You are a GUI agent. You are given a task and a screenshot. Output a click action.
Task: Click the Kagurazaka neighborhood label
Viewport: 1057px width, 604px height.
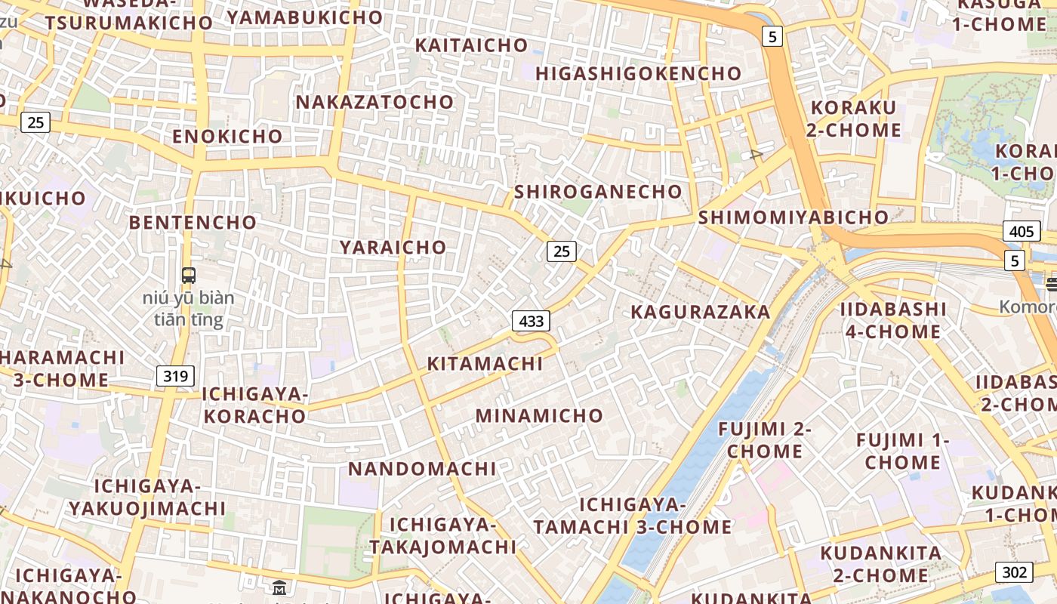click(700, 312)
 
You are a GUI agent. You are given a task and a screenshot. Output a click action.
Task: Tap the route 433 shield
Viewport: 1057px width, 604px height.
click(531, 321)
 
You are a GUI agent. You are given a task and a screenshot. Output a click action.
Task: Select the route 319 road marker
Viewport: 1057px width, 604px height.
click(175, 376)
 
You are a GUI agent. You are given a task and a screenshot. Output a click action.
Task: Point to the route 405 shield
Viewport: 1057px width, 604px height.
click(1021, 231)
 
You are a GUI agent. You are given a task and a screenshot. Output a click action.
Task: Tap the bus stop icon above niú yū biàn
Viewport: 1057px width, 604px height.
click(189, 276)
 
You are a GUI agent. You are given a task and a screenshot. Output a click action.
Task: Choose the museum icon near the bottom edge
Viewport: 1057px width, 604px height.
click(279, 587)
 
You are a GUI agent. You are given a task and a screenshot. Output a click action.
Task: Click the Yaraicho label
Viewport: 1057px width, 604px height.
click(393, 247)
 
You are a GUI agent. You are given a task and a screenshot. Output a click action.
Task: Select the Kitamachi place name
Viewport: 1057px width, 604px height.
click(485, 363)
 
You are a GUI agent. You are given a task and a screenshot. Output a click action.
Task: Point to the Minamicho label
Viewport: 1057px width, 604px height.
click(539, 415)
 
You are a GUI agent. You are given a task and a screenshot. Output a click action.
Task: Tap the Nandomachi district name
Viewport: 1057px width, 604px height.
click(422, 468)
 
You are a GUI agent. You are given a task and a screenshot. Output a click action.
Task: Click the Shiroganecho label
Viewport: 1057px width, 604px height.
click(598, 192)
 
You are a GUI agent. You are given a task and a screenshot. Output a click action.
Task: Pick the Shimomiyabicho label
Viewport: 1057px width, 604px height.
click(794, 217)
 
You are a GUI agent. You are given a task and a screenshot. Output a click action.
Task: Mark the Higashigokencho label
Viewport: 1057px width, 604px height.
click(639, 73)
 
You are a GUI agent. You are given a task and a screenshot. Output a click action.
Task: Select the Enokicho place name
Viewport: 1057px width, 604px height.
click(227, 137)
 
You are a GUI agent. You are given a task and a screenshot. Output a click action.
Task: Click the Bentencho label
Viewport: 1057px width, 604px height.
click(193, 222)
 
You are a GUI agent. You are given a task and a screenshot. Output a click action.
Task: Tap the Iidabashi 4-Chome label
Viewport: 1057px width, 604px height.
click(893, 320)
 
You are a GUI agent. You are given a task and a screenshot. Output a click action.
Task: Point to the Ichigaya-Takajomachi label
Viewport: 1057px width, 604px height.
click(442, 535)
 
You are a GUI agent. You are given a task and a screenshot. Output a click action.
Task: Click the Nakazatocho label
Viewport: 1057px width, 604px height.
click(374, 102)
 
